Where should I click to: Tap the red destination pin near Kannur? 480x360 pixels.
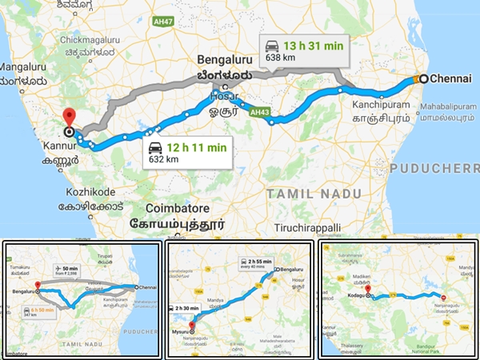69,117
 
